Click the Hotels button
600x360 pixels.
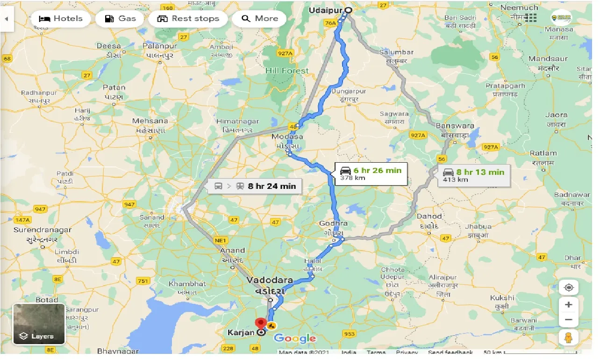[x=61, y=19]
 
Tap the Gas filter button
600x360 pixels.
[x=120, y=19]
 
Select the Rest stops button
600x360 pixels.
[x=188, y=19]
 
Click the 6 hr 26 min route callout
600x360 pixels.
[x=370, y=173]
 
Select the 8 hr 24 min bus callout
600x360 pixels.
[x=255, y=186]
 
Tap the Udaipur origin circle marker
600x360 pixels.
[x=348, y=10]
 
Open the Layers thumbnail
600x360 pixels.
[x=39, y=324]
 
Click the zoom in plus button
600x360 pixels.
[x=568, y=305]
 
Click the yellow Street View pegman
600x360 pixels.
[x=568, y=337]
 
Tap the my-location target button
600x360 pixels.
[x=568, y=288]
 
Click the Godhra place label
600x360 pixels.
[x=333, y=223]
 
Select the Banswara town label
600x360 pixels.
[x=455, y=126]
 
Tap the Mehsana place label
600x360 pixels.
[x=150, y=121]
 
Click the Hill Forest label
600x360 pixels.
[x=287, y=71]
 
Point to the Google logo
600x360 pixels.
[x=295, y=338]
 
